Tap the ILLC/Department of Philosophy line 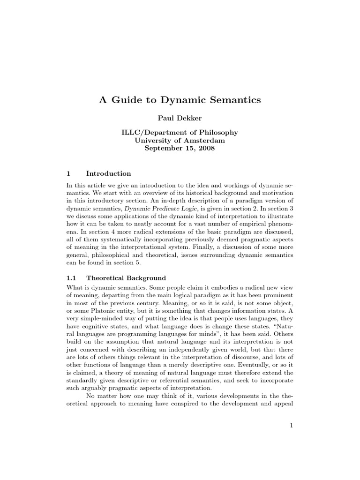coord(180,133)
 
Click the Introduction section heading coord(109,173)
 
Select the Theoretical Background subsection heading coord(126,278)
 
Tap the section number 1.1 coord(73,278)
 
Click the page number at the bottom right coord(291,425)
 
